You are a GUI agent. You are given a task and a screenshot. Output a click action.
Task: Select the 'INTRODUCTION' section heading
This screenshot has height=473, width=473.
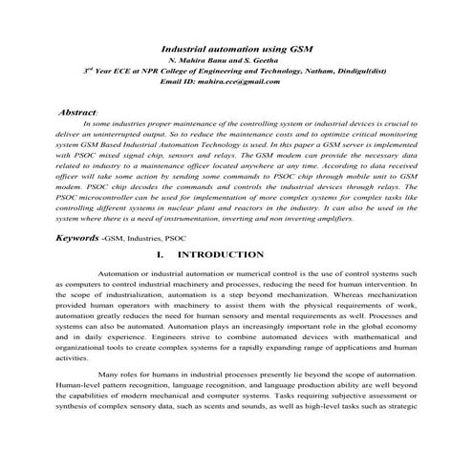tap(221, 255)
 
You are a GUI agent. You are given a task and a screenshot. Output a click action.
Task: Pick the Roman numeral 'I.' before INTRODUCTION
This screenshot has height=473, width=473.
tap(160, 255)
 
